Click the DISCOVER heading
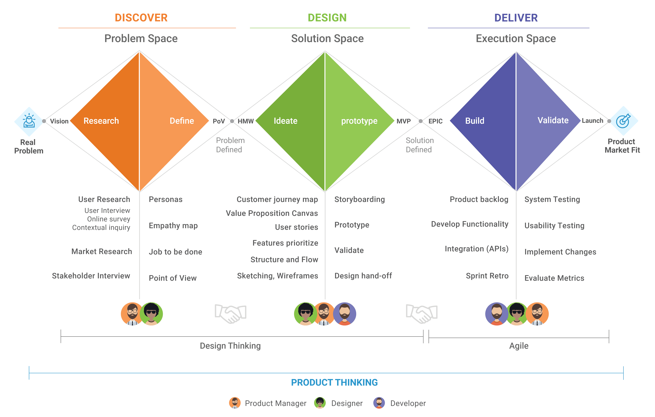[x=141, y=18]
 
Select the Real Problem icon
[x=29, y=121]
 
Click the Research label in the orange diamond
[x=101, y=121]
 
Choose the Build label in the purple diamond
[x=475, y=121]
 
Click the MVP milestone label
[x=403, y=121]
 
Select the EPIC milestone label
[x=436, y=121]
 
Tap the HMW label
[x=246, y=121]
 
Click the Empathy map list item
[x=173, y=226]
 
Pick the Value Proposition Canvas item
[x=272, y=213]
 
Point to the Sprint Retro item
[x=487, y=276]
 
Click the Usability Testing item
[x=554, y=226]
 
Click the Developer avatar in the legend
[x=379, y=403]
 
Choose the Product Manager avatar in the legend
[x=235, y=403]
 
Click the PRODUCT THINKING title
[x=334, y=383]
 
